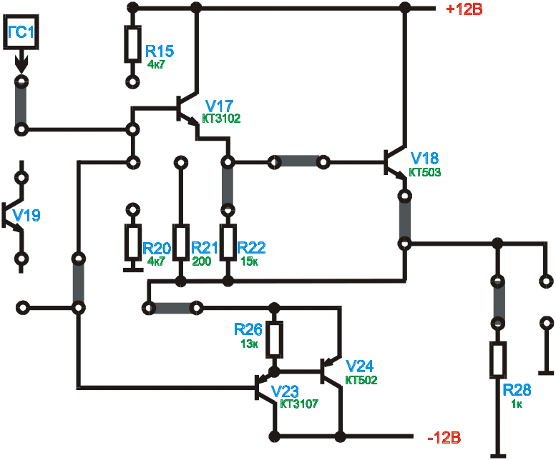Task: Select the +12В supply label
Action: (x=464, y=9)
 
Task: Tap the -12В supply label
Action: (x=443, y=436)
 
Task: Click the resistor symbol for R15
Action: (x=132, y=44)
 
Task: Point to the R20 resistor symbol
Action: (x=132, y=243)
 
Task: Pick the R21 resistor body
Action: (x=180, y=243)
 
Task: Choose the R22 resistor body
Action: (x=228, y=243)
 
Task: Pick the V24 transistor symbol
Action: (x=329, y=371)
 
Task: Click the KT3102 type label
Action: (x=222, y=119)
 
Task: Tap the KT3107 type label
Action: (x=299, y=404)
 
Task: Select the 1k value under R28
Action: (x=517, y=404)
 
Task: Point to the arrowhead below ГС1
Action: (x=21, y=65)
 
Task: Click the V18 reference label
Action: (x=425, y=158)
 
